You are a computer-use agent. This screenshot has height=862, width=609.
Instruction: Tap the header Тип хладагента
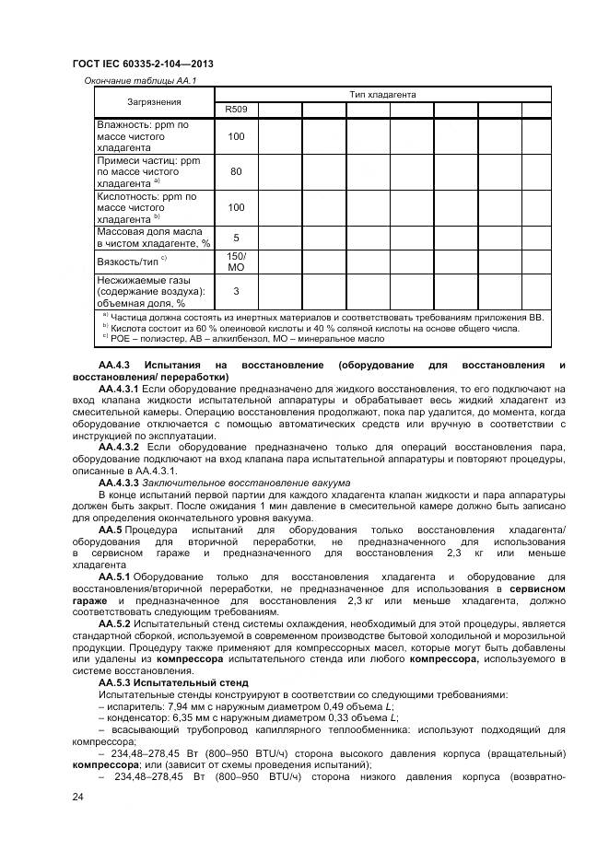click(382, 94)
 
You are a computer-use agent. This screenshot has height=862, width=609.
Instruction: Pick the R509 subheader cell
click(237, 111)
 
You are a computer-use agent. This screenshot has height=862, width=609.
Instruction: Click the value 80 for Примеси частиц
click(237, 171)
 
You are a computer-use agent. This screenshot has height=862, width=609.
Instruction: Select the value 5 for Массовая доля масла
click(237, 237)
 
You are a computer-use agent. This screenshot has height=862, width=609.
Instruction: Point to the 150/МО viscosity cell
click(237, 261)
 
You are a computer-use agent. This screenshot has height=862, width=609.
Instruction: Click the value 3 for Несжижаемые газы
click(237, 291)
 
